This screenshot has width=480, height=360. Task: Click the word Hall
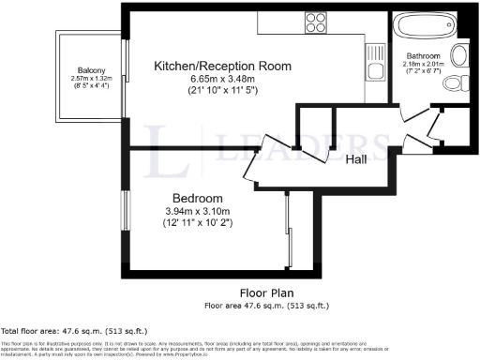(356, 159)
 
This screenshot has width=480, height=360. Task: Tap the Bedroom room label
(198, 199)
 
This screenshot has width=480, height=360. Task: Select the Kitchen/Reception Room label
(222, 67)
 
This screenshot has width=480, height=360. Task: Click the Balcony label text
(91, 71)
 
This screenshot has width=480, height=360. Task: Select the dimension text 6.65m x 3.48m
(222, 81)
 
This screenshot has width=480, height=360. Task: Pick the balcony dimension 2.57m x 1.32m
(91, 79)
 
